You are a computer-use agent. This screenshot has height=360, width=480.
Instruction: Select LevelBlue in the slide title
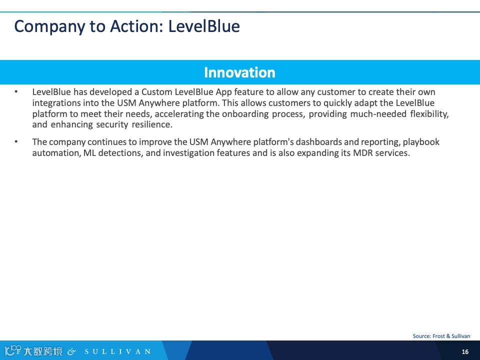(204, 26)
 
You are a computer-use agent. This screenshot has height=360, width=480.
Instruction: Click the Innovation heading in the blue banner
(239, 72)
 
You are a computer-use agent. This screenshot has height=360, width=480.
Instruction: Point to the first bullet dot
(16, 91)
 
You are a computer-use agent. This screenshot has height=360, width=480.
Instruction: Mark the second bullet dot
(16, 141)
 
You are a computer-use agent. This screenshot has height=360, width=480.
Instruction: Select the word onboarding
(245, 114)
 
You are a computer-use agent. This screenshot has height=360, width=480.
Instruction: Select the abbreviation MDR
(363, 153)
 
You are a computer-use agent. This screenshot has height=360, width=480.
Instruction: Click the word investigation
(188, 153)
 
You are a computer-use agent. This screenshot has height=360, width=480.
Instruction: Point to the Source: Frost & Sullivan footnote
(441, 336)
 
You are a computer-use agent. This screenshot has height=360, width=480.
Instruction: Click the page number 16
(465, 351)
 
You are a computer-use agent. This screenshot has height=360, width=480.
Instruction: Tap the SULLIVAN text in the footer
(118, 351)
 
